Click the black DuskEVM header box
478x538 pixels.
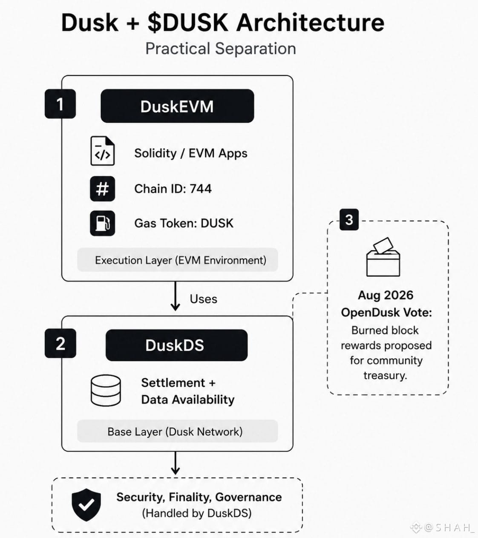[x=177, y=106]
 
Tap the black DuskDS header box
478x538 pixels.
[x=177, y=345]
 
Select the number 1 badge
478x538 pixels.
[x=60, y=104]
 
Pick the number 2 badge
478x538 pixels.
[x=60, y=343]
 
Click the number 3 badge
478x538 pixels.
[x=349, y=220]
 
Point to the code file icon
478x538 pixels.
[x=103, y=151]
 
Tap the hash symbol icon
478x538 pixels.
[x=103, y=189]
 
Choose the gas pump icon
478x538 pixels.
[x=103, y=223]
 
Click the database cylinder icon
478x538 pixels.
[x=106, y=390]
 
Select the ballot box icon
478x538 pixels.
[x=383, y=257]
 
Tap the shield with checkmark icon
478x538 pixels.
[x=86, y=505]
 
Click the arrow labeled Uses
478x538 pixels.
[x=175, y=296]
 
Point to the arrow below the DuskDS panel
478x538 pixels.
[x=175, y=463]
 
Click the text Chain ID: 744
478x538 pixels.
[x=173, y=189]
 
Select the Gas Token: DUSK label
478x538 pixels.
[x=184, y=223]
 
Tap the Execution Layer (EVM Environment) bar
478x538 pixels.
[x=177, y=260]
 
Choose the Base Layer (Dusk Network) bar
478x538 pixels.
[x=177, y=432]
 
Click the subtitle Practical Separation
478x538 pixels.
[x=221, y=49]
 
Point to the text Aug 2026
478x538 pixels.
[x=386, y=295]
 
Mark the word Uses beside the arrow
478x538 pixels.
[x=203, y=299]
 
